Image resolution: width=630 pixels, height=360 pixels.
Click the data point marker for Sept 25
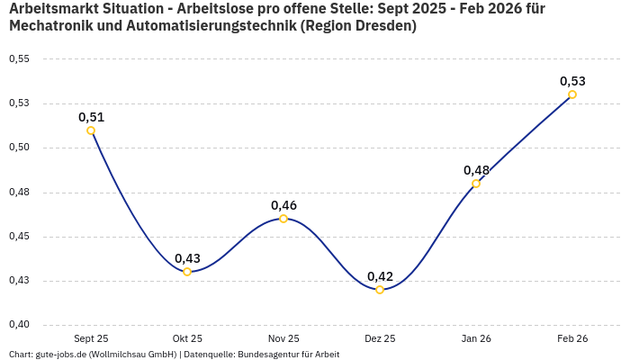pyautogui.click(x=91, y=130)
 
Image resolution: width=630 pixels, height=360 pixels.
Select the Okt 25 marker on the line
pyautogui.click(x=187, y=272)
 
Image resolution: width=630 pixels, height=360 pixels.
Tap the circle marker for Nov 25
pyautogui.click(x=283, y=219)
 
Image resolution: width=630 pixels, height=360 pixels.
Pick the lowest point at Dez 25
pyautogui.click(x=380, y=290)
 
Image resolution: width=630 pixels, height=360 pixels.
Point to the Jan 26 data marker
pyautogui.click(x=476, y=184)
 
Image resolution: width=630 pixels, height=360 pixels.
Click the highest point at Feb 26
pyautogui.click(x=572, y=94)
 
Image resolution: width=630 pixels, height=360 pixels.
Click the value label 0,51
pyautogui.click(x=91, y=117)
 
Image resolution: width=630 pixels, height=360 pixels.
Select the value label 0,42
pyautogui.click(x=380, y=276)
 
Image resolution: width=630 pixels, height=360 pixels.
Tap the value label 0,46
pyautogui.click(x=283, y=205)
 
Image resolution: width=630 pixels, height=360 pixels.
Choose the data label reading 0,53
pyautogui.click(x=572, y=81)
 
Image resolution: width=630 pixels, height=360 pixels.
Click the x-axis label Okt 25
pyautogui.click(x=187, y=338)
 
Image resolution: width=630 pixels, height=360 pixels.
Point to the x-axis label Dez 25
pyautogui.click(x=380, y=338)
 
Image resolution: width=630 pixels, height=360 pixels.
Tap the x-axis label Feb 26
pyautogui.click(x=572, y=338)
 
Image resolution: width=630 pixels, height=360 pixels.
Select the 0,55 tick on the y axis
pyautogui.click(x=19, y=59)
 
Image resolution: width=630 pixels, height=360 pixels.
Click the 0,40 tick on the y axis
pyautogui.click(x=19, y=325)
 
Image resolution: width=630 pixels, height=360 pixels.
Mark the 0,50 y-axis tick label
pyautogui.click(x=19, y=148)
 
